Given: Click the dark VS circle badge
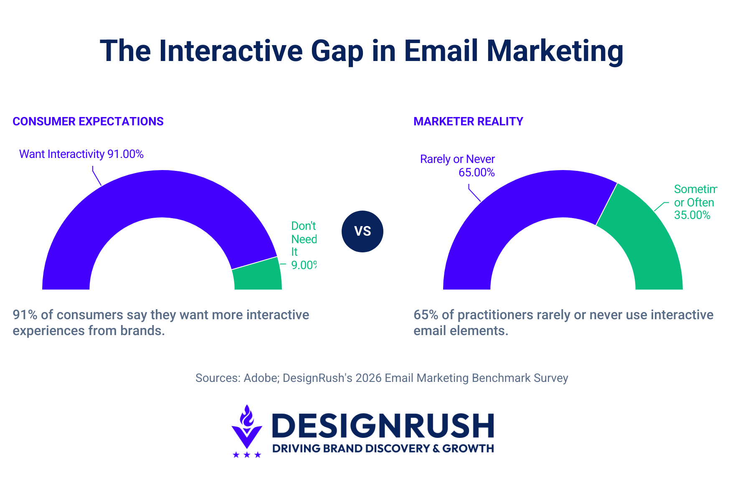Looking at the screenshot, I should tap(362, 231).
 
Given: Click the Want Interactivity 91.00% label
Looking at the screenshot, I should tap(81, 154).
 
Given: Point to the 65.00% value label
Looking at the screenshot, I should tap(477, 173).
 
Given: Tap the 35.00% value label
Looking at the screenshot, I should tap(692, 215).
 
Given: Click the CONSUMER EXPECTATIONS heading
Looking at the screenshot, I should tap(88, 122).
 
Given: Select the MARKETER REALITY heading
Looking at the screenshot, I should tap(468, 122).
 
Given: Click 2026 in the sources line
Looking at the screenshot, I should tap(368, 378).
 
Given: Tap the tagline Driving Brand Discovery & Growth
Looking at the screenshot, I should tap(383, 449).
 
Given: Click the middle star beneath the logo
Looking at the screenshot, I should tap(247, 455).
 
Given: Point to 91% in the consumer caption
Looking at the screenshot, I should tap(25, 315).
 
